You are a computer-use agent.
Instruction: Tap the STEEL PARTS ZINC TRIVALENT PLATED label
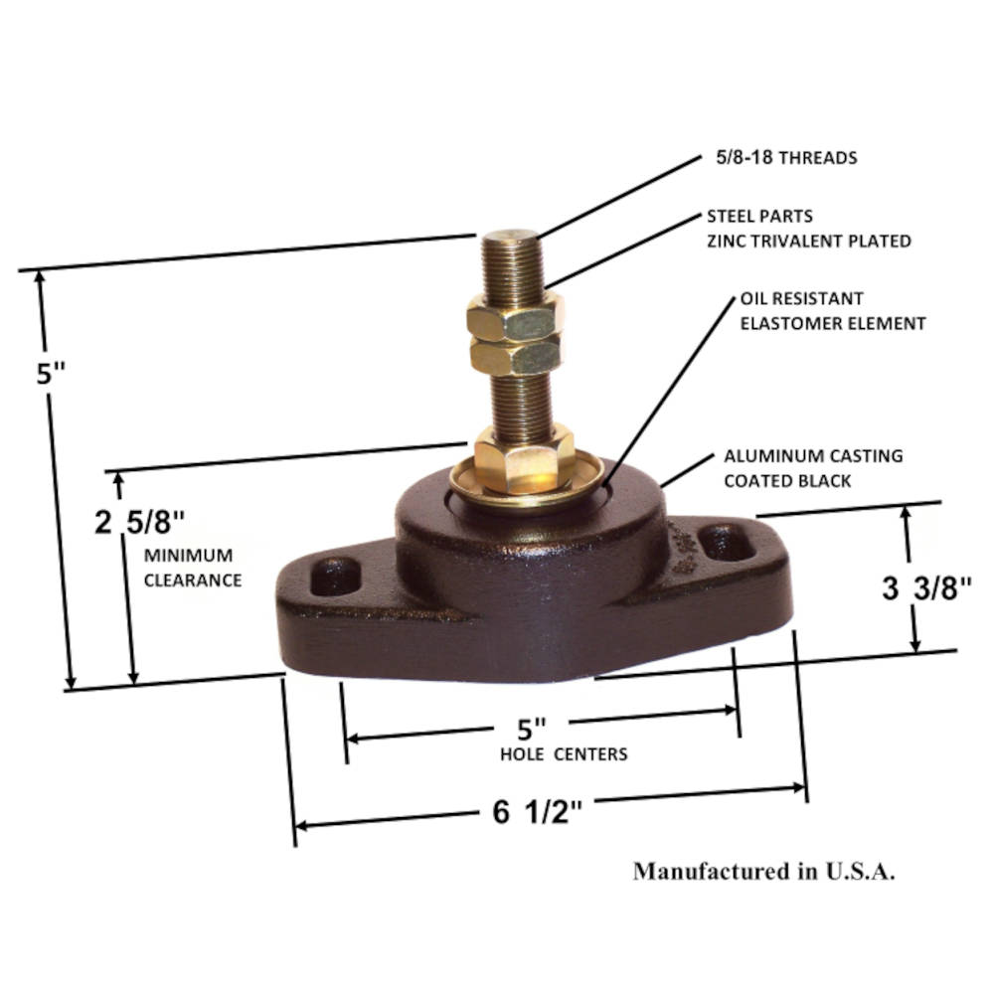click(808, 228)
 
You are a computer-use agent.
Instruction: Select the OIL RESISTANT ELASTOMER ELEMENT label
click(832, 310)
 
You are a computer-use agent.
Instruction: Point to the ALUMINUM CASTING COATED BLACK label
click(813, 468)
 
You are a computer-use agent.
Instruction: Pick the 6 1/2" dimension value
click(537, 812)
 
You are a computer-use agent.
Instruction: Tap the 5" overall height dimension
click(51, 375)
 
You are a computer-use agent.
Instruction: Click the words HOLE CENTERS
click(564, 754)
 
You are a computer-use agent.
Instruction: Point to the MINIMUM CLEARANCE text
click(192, 568)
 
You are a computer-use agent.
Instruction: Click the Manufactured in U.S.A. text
click(764, 872)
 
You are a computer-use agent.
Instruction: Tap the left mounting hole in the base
click(336, 576)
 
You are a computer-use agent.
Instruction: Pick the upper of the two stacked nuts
click(515, 318)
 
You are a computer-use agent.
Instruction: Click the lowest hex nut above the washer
click(523, 457)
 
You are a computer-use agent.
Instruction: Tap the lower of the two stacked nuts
click(515, 355)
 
